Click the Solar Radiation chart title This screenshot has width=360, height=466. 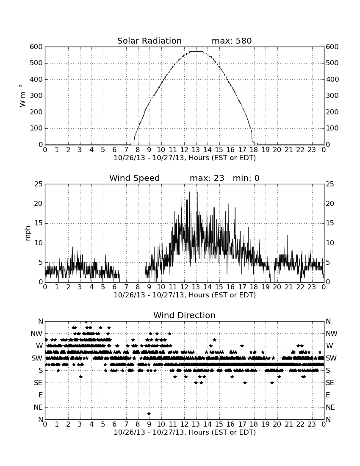pos(150,41)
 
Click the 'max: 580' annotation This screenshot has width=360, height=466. pos(232,41)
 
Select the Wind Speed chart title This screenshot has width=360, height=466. pos(135,178)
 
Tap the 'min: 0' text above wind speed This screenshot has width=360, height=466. pos(246,178)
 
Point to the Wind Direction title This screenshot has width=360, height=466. pos(185,315)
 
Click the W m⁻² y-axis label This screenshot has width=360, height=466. pos(22,96)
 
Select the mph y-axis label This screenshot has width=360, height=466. pos(28,233)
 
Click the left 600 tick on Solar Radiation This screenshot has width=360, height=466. pos(36,47)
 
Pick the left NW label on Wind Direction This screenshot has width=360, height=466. pos(36,334)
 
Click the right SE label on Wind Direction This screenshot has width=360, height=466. pos(330,383)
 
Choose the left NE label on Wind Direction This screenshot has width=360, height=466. pos(38,408)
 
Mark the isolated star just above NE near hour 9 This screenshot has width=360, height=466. pos(149,413)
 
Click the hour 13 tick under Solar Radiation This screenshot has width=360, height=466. pos(196,150)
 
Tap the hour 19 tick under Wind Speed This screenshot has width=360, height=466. pos(265,287)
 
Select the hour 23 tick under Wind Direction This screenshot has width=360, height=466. pos(312,424)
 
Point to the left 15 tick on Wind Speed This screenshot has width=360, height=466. pos(39,223)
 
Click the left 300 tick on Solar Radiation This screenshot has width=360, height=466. pos(36,96)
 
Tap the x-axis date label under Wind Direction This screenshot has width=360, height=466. pos(185,432)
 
